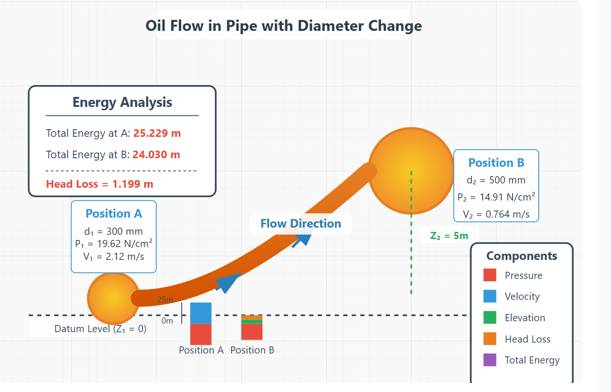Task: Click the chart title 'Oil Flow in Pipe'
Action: (283, 26)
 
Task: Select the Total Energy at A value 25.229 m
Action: (157, 133)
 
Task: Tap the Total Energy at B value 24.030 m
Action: (156, 154)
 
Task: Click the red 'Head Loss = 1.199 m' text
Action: (99, 184)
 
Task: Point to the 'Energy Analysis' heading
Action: (122, 102)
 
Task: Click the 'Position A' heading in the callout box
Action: (114, 214)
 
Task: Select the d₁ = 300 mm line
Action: (114, 232)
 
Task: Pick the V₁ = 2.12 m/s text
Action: (114, 257)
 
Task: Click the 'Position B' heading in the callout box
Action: (496, 163)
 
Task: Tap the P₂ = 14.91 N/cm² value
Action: (496, 197)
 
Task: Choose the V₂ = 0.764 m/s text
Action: (496, 214)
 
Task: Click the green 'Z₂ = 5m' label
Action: (449, 236)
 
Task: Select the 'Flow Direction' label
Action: (301, 224)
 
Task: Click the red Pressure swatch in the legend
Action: (490, 275)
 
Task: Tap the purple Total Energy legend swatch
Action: (490, 360)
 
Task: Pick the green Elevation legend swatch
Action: (490, 317)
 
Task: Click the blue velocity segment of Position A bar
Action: (201, 313)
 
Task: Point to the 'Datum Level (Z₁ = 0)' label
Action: (100, 329)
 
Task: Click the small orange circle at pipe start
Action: (113, 298)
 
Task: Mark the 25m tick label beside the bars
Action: (165, 300)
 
